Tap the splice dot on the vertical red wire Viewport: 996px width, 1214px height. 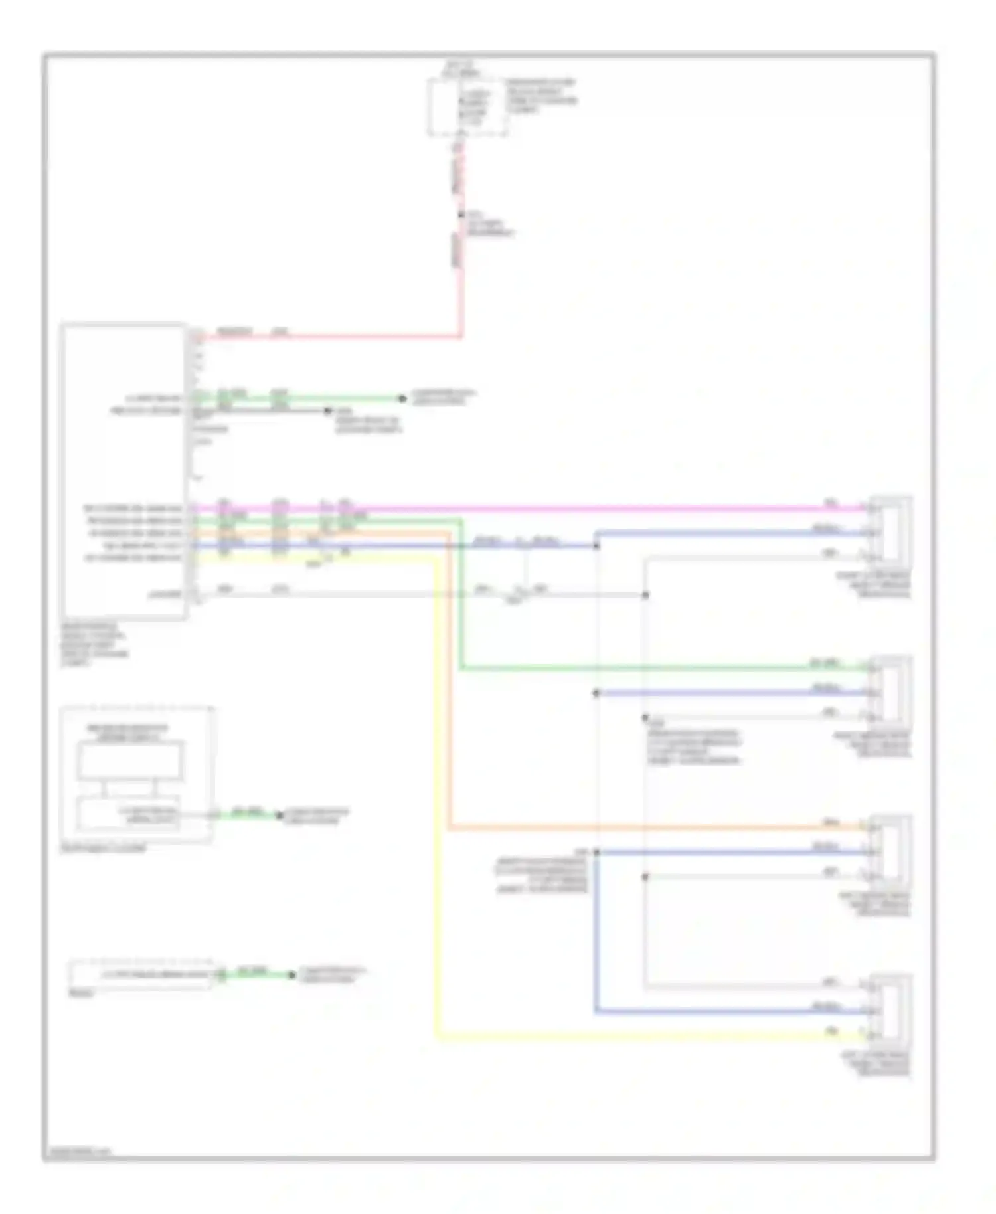pyautogui.click(x=461, y=215)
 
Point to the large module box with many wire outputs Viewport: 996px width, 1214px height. pyautogui.click(x=124, y=472)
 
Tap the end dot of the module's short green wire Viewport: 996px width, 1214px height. pyautogui.click(x=402, y=398)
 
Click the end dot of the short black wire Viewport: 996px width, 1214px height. pyautogui.click(x=327, y=411)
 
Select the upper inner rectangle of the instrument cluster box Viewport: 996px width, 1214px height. pyautogui.click(x=129, y=761)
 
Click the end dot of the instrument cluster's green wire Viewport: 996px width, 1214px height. pyautogui.click(x=280, y=815)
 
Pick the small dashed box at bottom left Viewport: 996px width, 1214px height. pyautogui.click(x=141, y=974)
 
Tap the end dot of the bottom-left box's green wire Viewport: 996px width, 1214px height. pyautogui.click(x=291, y=975)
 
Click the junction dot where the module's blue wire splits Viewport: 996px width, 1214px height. pyautogui.click(x=596, y=546)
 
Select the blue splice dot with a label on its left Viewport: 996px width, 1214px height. pyautogui.click(x=596, y=852)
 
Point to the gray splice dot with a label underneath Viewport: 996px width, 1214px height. pyautogui.click(x=645, y=718)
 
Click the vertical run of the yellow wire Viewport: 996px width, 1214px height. pyautogui.click(x=437, y=797)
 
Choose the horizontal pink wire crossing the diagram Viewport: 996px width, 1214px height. pyautogui.click(x=531, y=509)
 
